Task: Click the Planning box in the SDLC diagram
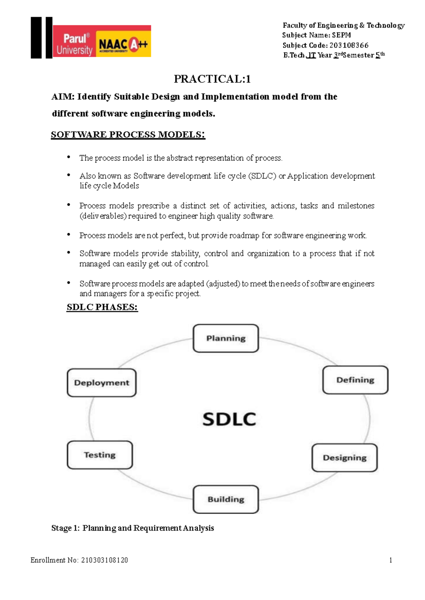click(226, 338)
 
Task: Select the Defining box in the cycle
click(355, 380)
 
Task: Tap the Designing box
click(345, 458)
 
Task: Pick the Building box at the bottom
click(226, 499)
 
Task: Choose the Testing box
click(100, 455)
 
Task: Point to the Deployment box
click(102, 383)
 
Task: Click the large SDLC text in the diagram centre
click(229, 419)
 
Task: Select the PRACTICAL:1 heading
click(212, 79)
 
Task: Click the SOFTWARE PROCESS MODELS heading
click(128, 135)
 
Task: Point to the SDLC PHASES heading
click(102, 307)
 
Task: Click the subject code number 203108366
click(349, 45)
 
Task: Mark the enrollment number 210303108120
click(104, 560)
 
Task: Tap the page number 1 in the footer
click(391, 560)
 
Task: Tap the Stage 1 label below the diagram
click(66, 528)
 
